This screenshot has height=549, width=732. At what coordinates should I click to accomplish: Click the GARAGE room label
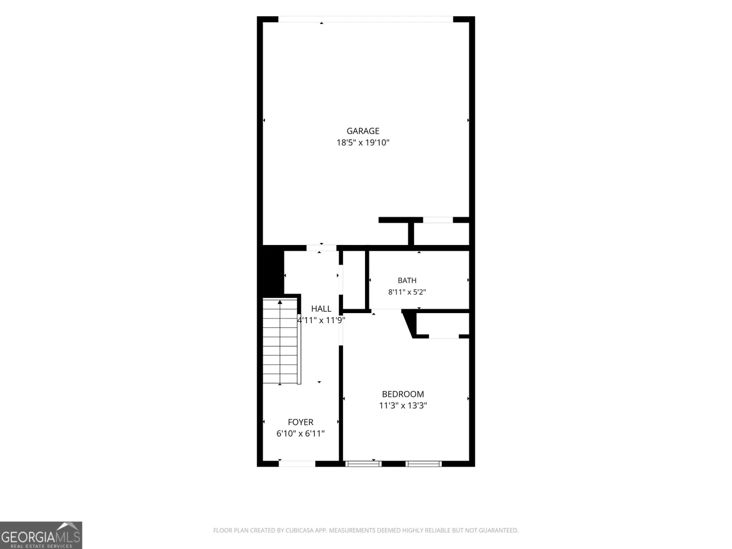click(x=363, y=131)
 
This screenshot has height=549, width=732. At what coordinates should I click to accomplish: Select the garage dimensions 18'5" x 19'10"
click(x=363, y=143)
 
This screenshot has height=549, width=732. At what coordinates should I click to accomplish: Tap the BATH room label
click(x=407, y=281)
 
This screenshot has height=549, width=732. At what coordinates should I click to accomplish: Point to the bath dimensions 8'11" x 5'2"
click(x=407, y=292)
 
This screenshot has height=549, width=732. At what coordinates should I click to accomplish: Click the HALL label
click(x=321, y=309)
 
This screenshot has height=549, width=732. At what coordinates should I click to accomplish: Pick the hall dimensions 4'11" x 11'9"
click(x=321, y=320)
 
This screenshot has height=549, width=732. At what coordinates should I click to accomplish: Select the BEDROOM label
click(x=403, y=394)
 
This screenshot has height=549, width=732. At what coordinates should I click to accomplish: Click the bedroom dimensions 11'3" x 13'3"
click(x=403, y=406)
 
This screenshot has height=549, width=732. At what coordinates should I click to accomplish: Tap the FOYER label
click(x=300, y=422)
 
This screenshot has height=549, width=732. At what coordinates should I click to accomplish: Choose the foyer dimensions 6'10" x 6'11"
click(x=300, y=434)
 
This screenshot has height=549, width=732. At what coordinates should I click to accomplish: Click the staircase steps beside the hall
click(x=280, y=341)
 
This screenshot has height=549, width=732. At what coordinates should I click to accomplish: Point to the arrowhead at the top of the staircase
click(x=280, y=302)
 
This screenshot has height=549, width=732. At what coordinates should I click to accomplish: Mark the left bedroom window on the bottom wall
click(x=363, y=464)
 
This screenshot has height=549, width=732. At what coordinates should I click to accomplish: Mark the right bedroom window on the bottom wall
click(x=423, y=464)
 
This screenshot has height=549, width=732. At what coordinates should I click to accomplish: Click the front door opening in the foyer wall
click(x=297, y=464)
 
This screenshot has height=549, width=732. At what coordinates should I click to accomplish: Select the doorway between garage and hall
click(x=321, y=248)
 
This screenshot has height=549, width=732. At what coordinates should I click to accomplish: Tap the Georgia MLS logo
click(x=41, y=535)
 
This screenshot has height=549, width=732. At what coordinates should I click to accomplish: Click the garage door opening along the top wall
click(x=365, y=19)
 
